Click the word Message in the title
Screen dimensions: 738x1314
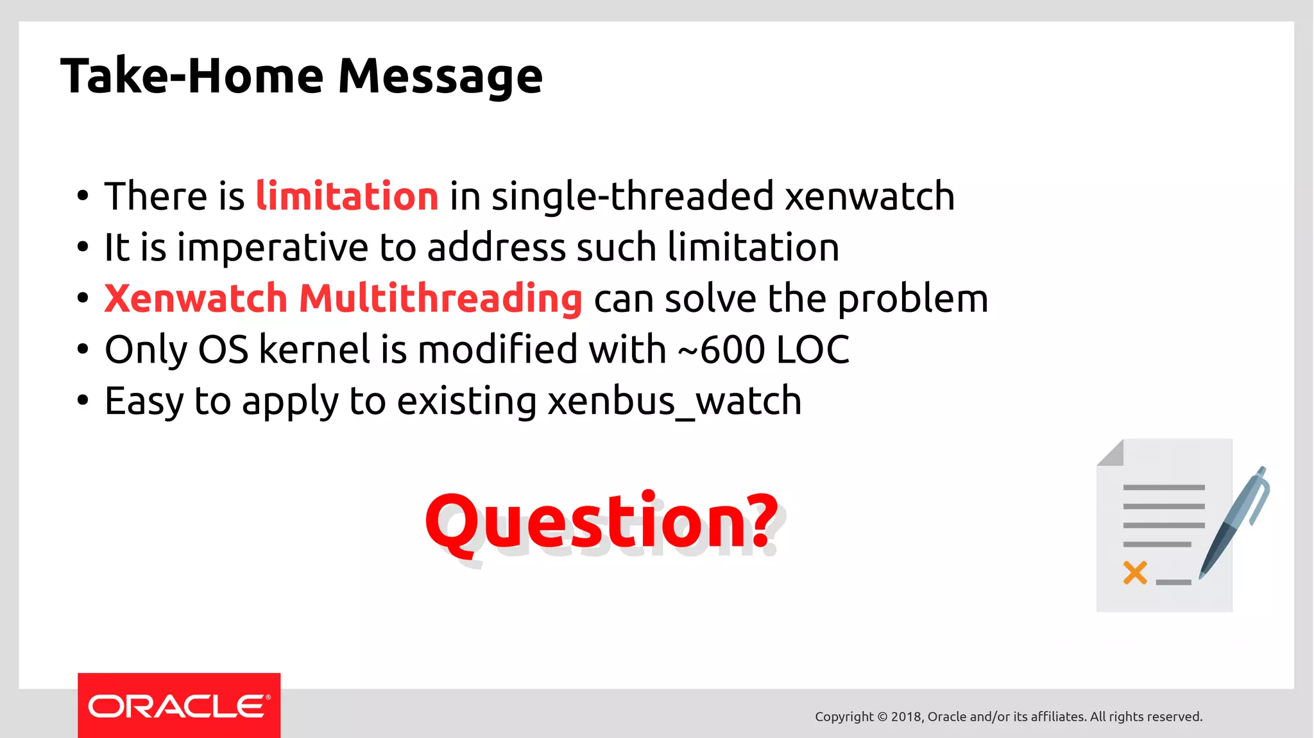coord(440,76)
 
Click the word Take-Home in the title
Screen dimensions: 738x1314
coord(192,76)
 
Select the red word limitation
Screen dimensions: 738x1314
coord(347,196)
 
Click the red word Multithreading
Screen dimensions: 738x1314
coord(441,299)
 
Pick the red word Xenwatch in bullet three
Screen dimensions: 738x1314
coord(196,299)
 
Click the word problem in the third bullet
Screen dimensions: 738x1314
coord(912,299)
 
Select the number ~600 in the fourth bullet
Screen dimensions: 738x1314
coord(722,350)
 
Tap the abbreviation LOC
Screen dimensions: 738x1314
coord(813,350)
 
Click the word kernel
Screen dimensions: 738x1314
coord(314,350)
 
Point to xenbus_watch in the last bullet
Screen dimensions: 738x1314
coord(674,402)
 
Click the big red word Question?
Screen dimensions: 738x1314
coord(601,521)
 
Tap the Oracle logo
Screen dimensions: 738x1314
coord(179,706)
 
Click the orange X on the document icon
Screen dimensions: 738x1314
coord(1135,572)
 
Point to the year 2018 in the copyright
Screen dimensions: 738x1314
coord(907,717)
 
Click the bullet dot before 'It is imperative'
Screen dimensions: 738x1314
coord(83,248)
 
